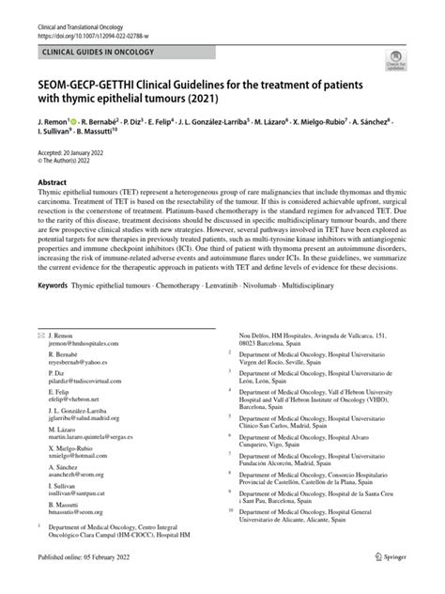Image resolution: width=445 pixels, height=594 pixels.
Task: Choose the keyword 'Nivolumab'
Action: tap(279, 307)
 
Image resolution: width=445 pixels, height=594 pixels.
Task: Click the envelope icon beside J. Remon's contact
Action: tap(39, 336)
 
